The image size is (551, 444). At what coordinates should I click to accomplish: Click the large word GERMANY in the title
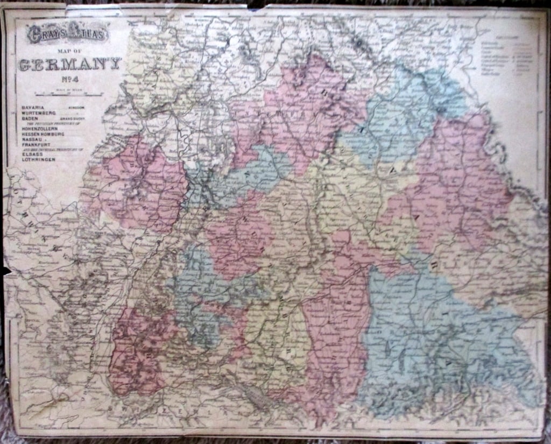[x=70, y=65]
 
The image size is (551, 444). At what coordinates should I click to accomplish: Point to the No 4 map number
[x=70, y=81]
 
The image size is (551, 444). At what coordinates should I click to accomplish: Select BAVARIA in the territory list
[x=33, y=108]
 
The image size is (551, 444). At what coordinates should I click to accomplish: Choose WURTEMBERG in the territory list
[x=38, y=113]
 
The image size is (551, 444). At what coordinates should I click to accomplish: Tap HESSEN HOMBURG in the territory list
[x=43, y=134]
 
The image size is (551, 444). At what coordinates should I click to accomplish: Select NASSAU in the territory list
[x=32, y=139]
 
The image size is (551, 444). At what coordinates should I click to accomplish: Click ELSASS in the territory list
[x=32, y=154]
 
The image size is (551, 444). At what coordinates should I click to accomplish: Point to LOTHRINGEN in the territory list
[x=38, y=160]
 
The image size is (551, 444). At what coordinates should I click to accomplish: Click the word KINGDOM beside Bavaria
[x=76, y=108]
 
